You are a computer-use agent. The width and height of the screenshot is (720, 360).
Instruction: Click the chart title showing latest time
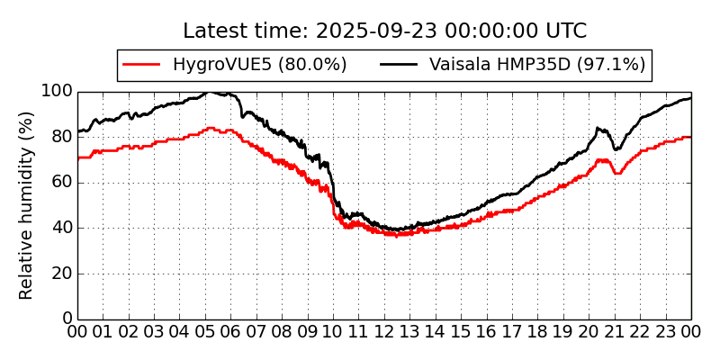384,31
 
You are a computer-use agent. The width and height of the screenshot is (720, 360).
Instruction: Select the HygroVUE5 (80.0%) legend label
259,65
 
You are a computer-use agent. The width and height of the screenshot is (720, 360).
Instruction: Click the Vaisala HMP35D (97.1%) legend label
537,65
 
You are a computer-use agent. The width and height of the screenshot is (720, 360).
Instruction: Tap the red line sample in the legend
141,65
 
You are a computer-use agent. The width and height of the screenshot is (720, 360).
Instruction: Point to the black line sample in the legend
399,65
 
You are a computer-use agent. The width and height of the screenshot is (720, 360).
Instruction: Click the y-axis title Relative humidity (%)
27,205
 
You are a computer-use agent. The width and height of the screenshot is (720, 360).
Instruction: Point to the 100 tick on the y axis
57,92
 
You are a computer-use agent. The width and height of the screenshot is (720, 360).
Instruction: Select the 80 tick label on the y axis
61,137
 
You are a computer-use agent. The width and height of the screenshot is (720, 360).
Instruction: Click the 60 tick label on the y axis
61,183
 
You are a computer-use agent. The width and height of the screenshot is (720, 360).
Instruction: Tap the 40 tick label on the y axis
61,228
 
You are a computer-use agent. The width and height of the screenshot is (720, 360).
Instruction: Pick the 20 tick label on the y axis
61,274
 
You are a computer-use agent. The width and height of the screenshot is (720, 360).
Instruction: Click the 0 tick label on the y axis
67,319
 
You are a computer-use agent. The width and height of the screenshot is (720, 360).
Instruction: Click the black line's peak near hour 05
207,92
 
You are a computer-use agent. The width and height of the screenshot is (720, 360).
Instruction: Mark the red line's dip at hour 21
616,173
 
